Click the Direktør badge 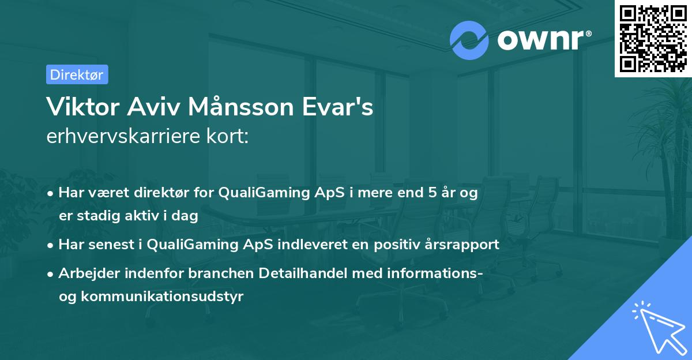pos(77,74)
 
